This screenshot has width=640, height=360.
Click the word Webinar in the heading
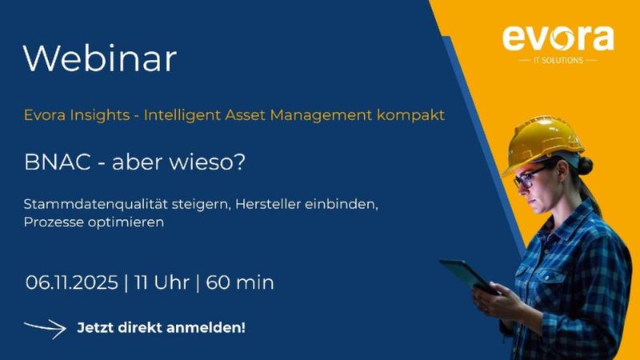[100, 58]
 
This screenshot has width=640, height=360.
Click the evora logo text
[558, 38]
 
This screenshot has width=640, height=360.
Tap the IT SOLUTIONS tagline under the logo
[558, 61]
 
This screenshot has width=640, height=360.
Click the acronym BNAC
[57, 162]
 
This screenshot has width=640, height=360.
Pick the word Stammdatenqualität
[95, 204]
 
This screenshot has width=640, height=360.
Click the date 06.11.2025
[71, 282]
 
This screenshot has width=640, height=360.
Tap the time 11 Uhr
[162, 282]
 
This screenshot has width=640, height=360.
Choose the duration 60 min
[239, 282]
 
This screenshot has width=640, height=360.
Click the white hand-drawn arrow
[46, 328]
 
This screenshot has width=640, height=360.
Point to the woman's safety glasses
[528, 177]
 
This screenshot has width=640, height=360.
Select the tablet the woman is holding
[469, 276]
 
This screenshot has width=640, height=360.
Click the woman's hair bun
[586, 166]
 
